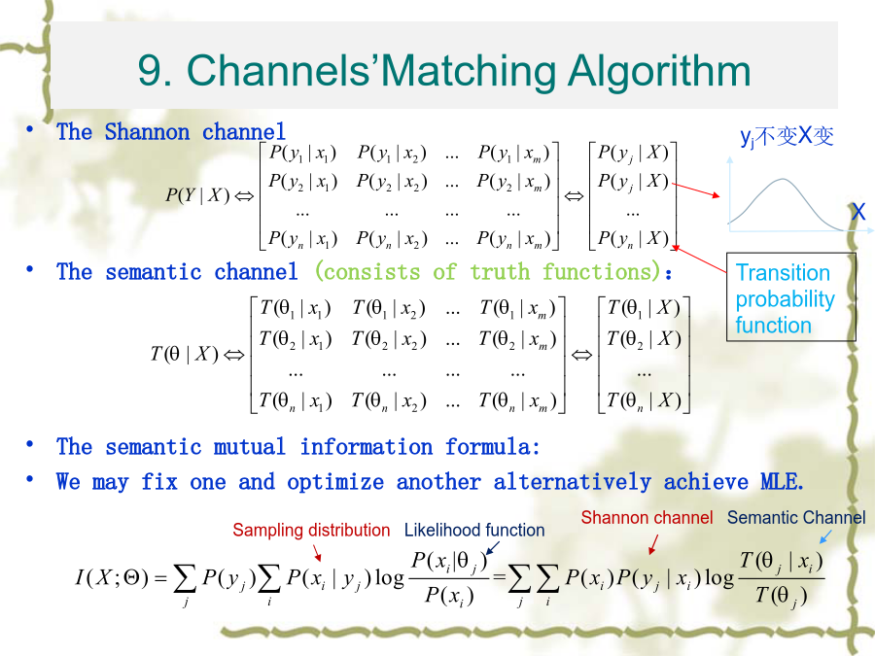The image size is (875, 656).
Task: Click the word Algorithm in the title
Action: click(659, 71)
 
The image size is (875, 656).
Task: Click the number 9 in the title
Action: click(149, 71)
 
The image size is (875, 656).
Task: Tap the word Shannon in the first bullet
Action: click(148, 132)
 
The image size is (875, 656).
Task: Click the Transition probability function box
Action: click(790, 296)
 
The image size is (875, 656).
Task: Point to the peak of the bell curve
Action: click(783, 179)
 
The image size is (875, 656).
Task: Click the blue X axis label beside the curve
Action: click(858, 212)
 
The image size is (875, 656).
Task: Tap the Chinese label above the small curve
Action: click(787, 136)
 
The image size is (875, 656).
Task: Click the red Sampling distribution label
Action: click(311, 530)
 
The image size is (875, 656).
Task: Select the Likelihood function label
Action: click(474, 530)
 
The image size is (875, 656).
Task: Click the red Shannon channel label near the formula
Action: click(647, 518)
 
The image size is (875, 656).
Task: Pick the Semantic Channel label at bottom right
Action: click(796, 518)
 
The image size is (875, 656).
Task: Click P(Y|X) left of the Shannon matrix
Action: click(197, 195)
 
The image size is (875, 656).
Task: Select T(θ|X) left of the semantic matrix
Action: click(185, 354)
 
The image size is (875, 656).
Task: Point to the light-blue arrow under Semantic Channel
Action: click(825, 536)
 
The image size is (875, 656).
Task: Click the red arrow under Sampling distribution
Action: click(317, 552)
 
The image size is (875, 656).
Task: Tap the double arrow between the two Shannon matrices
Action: click(575, 195)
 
